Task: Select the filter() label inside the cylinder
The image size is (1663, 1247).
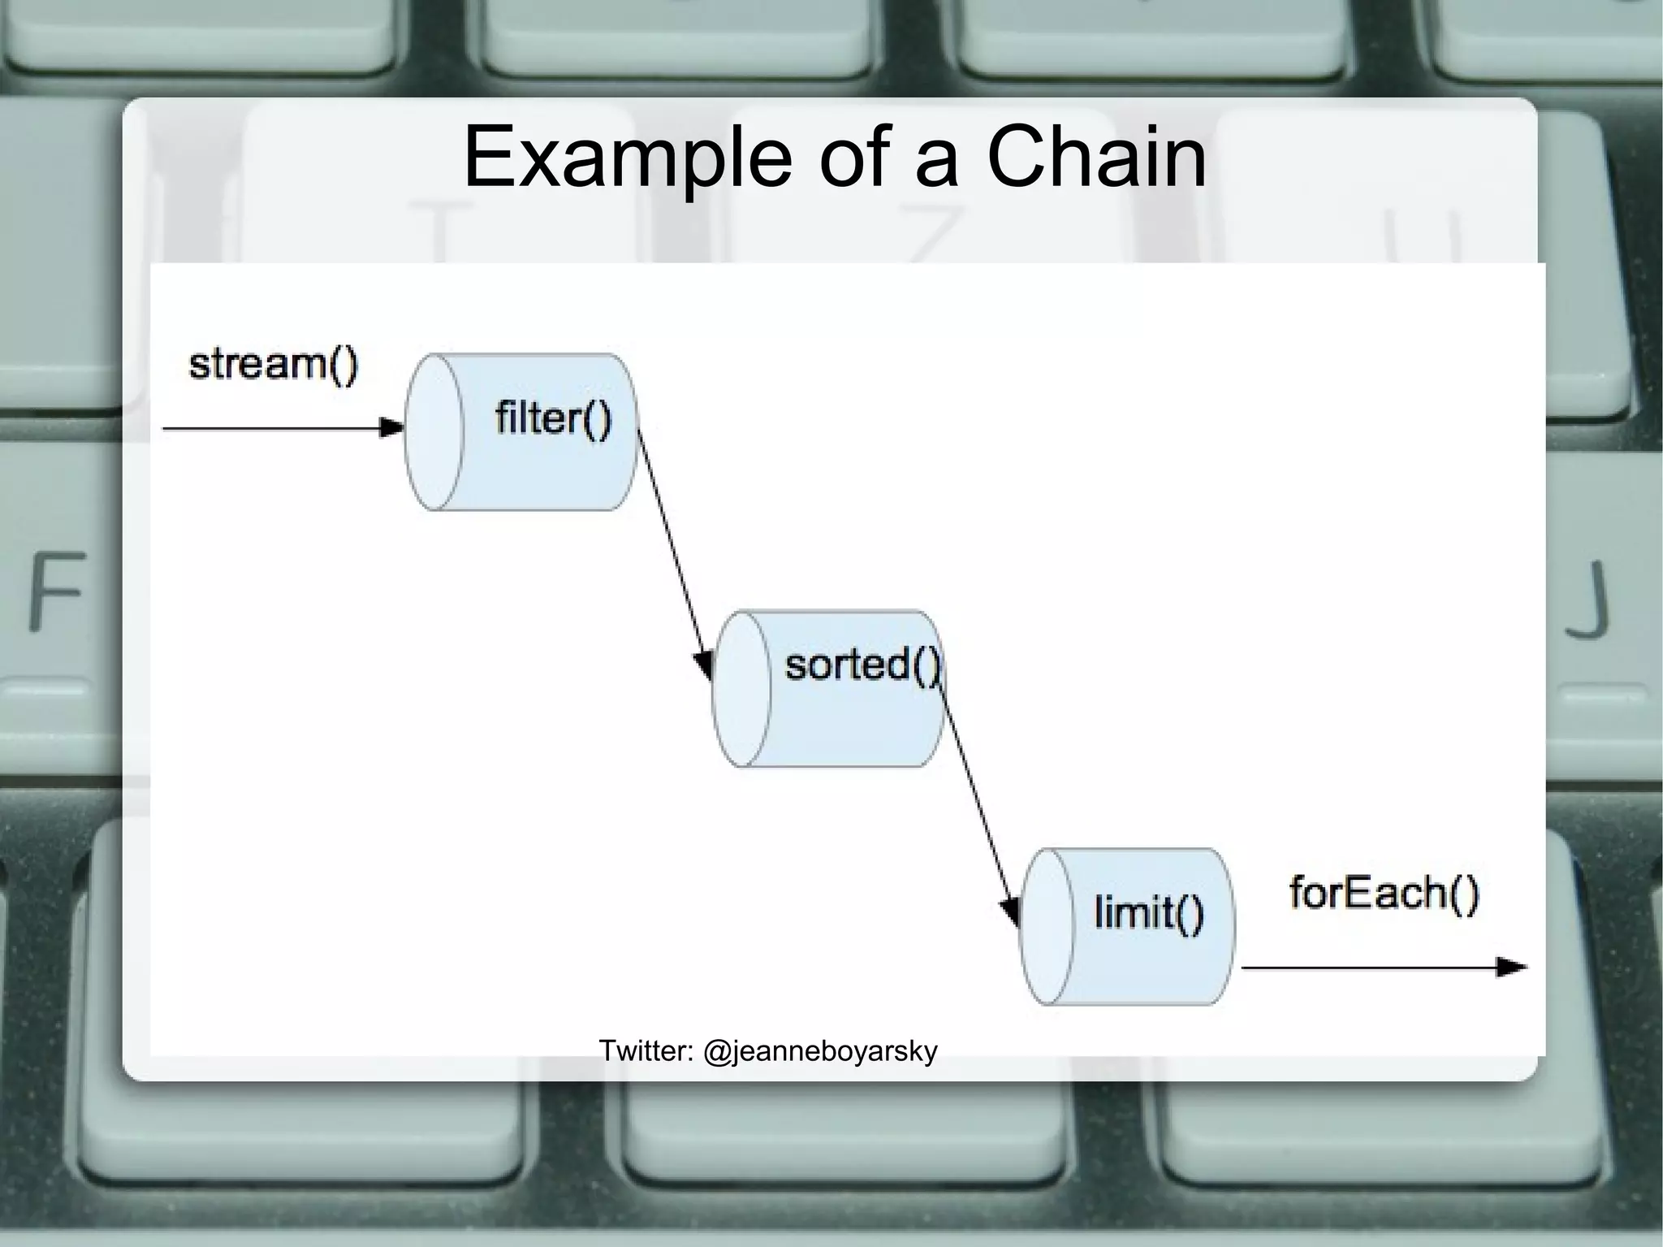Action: [553, 419]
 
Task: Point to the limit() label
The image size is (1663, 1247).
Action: [1148, 911]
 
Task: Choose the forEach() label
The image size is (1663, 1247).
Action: [1384, 894]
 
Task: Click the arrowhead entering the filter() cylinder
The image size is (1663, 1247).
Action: [392, 427]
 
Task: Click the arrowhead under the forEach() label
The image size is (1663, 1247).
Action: [1511, 968]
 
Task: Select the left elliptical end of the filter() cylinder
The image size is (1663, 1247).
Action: [434, 431]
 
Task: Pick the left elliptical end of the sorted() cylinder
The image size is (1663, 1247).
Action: [741, 689]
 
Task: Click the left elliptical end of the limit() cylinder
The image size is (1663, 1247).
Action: [1047, 927]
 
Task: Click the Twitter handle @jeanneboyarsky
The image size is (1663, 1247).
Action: [819, 1051]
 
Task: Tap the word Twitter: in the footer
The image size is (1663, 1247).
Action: [646, 1051]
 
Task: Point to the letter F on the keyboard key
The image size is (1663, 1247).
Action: [57, 591]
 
